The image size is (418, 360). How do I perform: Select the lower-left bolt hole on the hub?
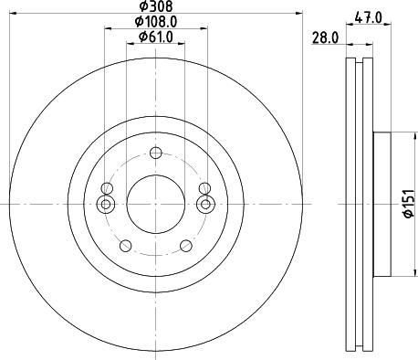point(126,244)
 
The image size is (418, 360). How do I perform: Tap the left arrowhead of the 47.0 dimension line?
point(350,26)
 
